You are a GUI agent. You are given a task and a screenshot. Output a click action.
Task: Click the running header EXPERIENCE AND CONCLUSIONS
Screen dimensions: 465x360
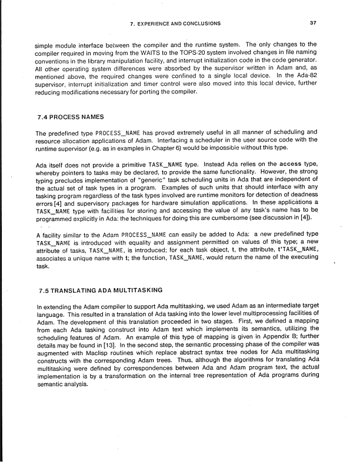point(175,24)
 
